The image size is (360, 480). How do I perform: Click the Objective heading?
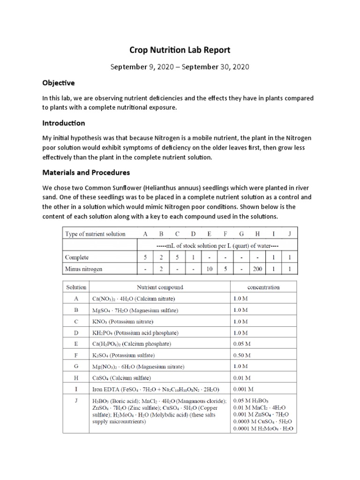pyautogui.click(x=58, y=83)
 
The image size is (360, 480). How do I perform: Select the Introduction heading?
pyautogui.click(x=64, y=123)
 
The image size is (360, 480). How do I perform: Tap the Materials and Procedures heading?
pyautogui.click(x=86, y=172)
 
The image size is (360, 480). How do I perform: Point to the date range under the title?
pyautogui.click(x=180, y=67)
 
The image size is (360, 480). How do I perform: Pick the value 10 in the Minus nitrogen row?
pyautogui.click(x=209, y=269)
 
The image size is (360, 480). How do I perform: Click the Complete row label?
pyautogui.click(x=77, y=257)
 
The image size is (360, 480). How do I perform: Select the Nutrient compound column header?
pyautogui.click(x=160, y=287)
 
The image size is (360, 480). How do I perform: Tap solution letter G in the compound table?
pyautogui.click(x=76, y=367)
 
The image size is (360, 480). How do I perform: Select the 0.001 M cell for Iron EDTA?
pyautogui.click(x=243, y=389)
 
